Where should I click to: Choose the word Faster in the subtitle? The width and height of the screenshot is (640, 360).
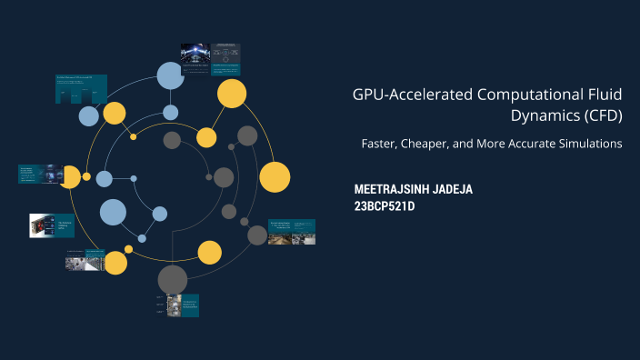click(383, 144)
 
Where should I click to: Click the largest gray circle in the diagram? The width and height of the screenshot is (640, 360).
click(172, 279)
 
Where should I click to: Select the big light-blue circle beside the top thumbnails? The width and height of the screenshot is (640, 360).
click(170, 75)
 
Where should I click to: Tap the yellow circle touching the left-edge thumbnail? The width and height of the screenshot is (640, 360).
click(70, 176)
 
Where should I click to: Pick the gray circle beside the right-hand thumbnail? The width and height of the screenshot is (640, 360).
click(257, 235)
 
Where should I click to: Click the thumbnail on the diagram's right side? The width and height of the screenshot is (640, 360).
click(292, 231)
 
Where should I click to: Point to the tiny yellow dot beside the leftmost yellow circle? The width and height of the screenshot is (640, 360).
click(86, 176)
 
